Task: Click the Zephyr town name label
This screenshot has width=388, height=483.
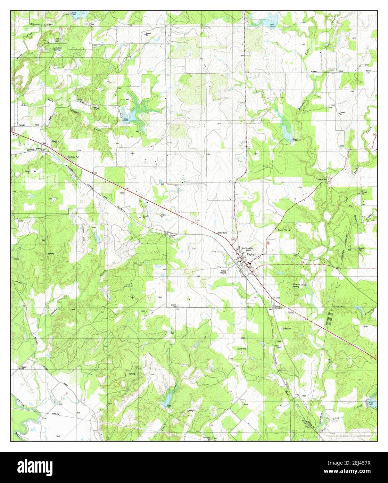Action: pos(251,254)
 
